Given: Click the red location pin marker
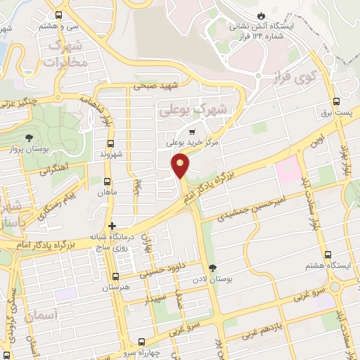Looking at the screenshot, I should pos(181,165).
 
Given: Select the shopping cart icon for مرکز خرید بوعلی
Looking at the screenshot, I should pos(192,131).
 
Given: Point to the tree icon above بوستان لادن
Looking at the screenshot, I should pos(213,267).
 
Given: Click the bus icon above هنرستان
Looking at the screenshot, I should pos(115,277).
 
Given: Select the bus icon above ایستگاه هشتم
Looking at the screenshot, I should pos(328,255).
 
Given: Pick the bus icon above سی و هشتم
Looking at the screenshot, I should pos(58,14).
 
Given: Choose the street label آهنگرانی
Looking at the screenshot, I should pos(56,169).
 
